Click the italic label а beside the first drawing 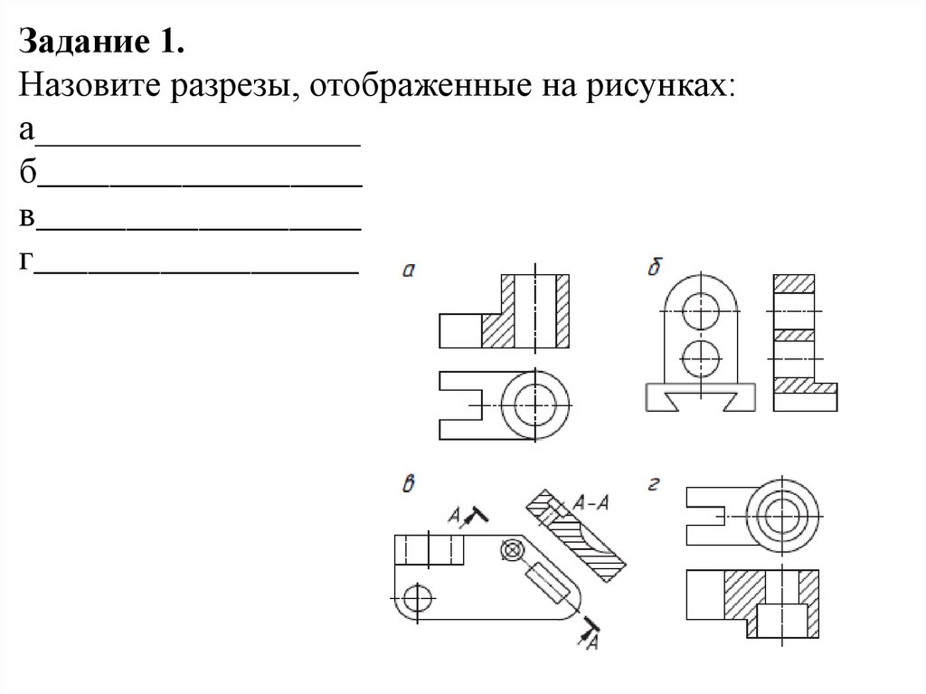[x=409, y=269]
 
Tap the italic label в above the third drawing [x=409, y=483]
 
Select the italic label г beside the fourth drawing [x=653, y=485]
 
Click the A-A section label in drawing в [x=590, y=503]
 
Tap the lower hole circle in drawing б [x=698, y=358]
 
